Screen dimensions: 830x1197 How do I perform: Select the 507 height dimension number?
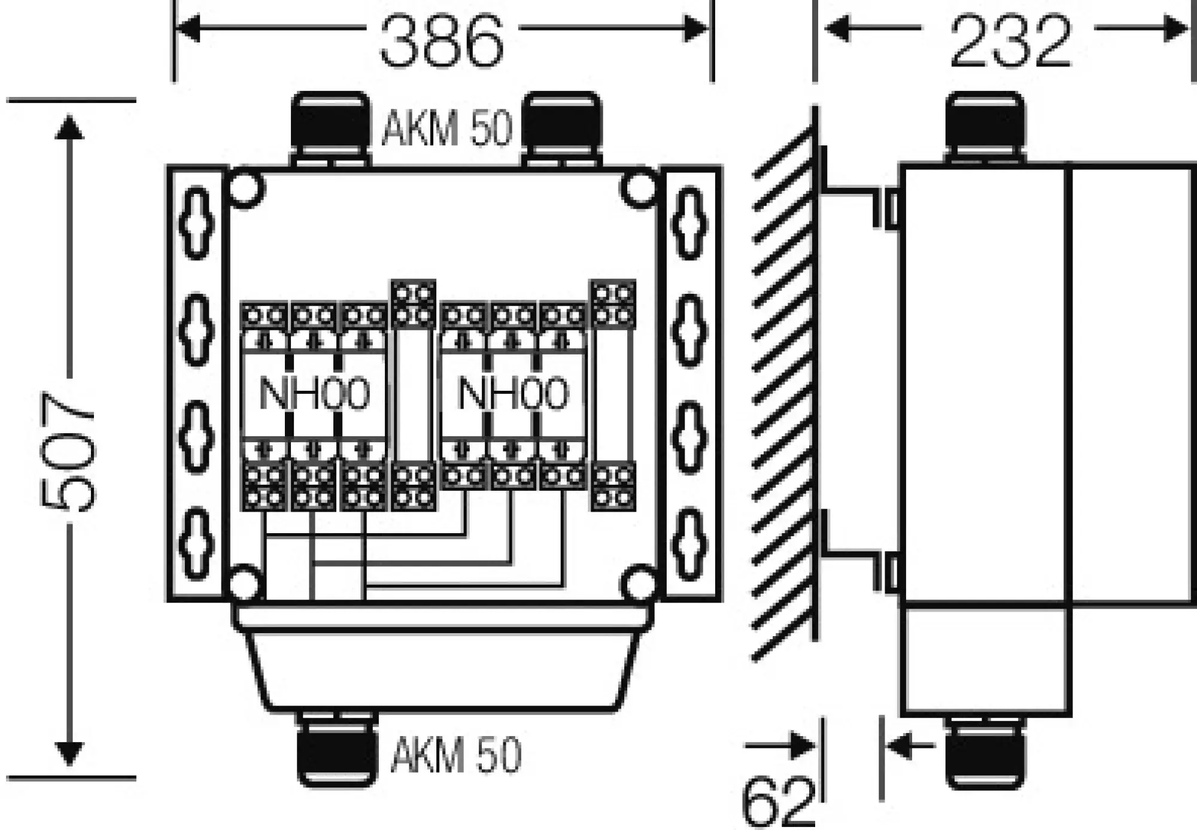tap(67, 452)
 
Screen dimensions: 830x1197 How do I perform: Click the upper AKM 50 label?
tap(447, 128)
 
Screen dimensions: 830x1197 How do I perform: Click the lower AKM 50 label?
tap(456, 755)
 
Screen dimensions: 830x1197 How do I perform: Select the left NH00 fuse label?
tap(314, 394)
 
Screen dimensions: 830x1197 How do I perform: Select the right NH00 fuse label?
tap(513, 394)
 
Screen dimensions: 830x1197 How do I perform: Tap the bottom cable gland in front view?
tap(338, 751)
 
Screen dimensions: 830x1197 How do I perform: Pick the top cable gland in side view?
tap(985, 126)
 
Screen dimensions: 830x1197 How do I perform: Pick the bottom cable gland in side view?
tap(985, 754)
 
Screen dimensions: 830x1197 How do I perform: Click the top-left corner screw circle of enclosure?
tap(245, 189)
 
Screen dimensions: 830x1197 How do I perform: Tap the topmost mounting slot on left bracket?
tap(197, 223)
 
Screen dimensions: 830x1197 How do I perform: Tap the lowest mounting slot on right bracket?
tap(689, 545)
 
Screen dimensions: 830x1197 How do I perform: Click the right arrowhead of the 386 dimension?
tap(695, 28)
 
